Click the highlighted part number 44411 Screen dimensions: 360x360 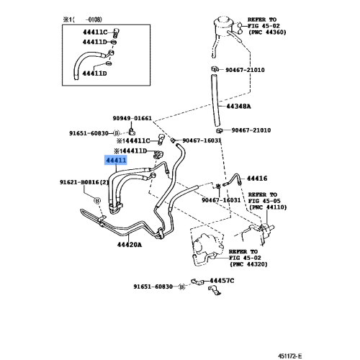click(117, 162)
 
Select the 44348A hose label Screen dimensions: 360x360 click(238, 106)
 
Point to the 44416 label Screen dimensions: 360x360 click(257, 177)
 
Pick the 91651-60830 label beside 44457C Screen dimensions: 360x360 click(155, 287)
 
